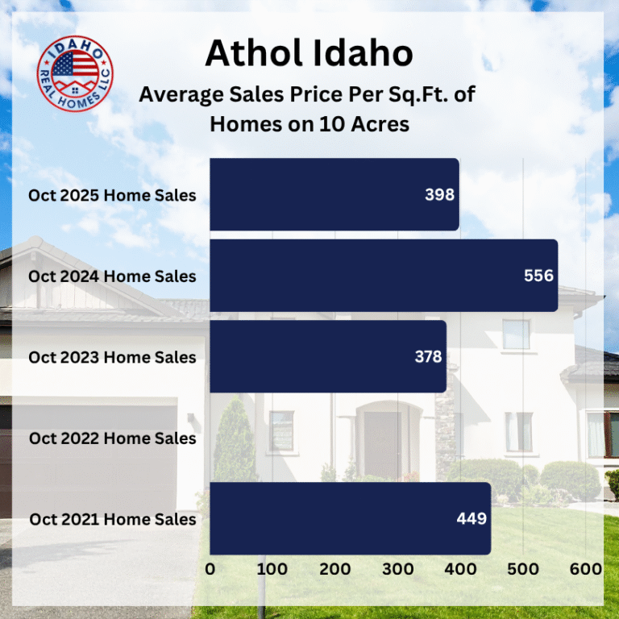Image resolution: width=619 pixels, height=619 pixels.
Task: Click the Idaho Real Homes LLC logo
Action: (75, 73)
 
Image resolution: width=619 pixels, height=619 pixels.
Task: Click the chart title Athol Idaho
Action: (309, 54)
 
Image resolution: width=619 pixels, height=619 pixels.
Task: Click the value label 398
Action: (440, 195)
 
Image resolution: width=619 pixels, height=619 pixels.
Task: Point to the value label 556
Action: (538, 276)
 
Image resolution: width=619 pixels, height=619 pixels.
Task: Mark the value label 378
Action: (427, 356)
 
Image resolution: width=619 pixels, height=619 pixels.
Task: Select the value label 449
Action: (472, 518)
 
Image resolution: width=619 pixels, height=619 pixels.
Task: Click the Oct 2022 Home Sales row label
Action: (112, 438)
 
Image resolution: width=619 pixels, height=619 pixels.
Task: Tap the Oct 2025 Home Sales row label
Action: (112, 195)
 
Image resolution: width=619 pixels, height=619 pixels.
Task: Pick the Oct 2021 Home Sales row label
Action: (112, 519)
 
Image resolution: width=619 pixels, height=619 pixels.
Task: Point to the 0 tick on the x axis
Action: (210, 569)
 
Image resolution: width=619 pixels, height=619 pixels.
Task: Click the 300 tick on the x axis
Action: (397, 569)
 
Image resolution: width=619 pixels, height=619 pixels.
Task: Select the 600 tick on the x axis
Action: (585, 569)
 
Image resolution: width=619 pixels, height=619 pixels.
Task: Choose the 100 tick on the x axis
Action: (272, 569)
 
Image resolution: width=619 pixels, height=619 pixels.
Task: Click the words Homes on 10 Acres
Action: (309, 124)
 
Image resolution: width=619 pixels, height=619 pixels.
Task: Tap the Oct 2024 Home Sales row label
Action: (112, 276)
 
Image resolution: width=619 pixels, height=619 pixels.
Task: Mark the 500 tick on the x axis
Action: (522, 569)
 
